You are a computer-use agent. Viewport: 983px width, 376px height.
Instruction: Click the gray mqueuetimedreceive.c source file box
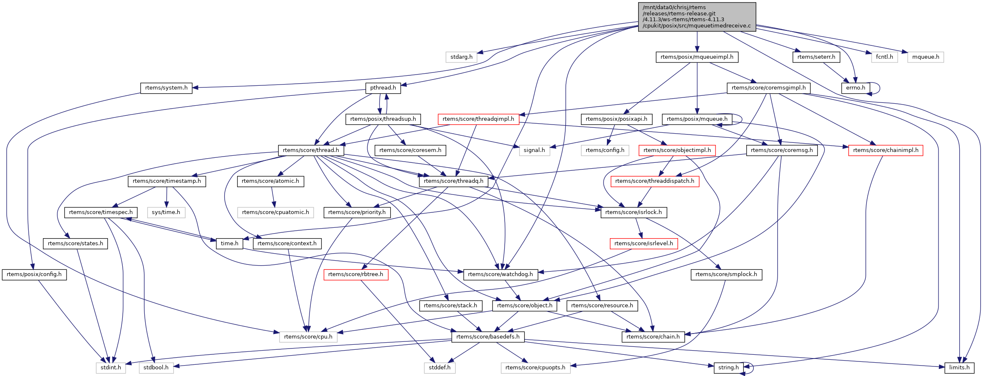[697, 17]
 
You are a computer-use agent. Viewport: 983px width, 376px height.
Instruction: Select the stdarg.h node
[461, 57]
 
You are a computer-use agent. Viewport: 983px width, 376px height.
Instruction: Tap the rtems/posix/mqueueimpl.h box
[697, 57]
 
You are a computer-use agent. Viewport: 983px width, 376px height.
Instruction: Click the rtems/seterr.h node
[816, 57]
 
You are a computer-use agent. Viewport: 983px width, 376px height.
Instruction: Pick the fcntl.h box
[884, 57]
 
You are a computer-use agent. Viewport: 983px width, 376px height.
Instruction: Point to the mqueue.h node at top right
[926, 57]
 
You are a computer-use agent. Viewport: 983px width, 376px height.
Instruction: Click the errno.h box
[855, 88]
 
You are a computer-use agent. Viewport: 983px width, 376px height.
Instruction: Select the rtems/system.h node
[166, 88]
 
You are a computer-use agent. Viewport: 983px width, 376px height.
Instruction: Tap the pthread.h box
[383, 88]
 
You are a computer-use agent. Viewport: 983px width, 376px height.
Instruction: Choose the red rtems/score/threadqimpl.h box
[478, 119]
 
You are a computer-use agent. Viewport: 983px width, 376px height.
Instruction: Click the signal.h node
[534, 150]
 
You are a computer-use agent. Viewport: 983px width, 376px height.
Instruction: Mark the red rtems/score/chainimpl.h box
[886, 150]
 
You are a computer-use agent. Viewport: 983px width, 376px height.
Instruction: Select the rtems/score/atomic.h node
[270, 181]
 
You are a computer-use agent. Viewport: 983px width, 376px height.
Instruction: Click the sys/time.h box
[166, 212]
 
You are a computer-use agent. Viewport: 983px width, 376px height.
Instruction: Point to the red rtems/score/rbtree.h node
[356, 274]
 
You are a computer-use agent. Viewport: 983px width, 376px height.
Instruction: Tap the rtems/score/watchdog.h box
[500, 274]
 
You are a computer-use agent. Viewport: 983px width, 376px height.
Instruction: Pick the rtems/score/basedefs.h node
[488, 336]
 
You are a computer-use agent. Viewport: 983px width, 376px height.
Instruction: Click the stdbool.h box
[156, 368]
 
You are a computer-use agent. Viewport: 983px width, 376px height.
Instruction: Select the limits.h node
[959, 368]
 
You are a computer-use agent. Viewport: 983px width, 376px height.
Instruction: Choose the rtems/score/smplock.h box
[726, 274]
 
